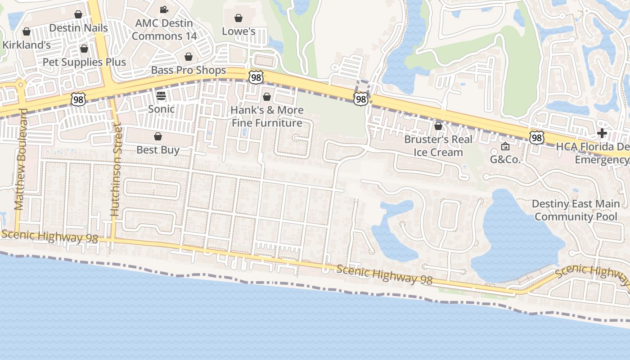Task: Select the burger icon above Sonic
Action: pyautogui.click(x=161, y=95)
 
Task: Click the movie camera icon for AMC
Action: pyautogui.click(x=164, y=9)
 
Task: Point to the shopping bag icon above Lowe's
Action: pyautogui.click(x=238, y=18)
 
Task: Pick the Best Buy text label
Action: pyautogui.click(x=158, y=150)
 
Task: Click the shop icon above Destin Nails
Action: pyautogui.click(x=78, y=14)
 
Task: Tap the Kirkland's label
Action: pyautogui.click(x=27, y=45)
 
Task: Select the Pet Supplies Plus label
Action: pyautogui.click(x=84, y=62)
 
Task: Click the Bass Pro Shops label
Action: pyautogui.click(x=189, y=70)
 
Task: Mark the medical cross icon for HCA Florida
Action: pyautogui.click(x=602, y=133)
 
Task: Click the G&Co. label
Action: pyautogui.click(x=505, y=159)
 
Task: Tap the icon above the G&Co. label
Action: pyautogui.click(x=505, y=146)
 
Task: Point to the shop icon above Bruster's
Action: pyautogui.click(x=438, y=126)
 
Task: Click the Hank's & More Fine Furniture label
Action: pyautogui.click(x=267, y=117)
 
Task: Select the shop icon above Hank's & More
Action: pyautogui.click(x=267, y=97)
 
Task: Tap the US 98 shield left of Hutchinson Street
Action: pyautogui.click(x=78, y=99)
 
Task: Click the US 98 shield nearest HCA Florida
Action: pyautogui.click(x=536, y=137)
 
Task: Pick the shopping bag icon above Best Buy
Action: pyautogui.click(x=158, y=136)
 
